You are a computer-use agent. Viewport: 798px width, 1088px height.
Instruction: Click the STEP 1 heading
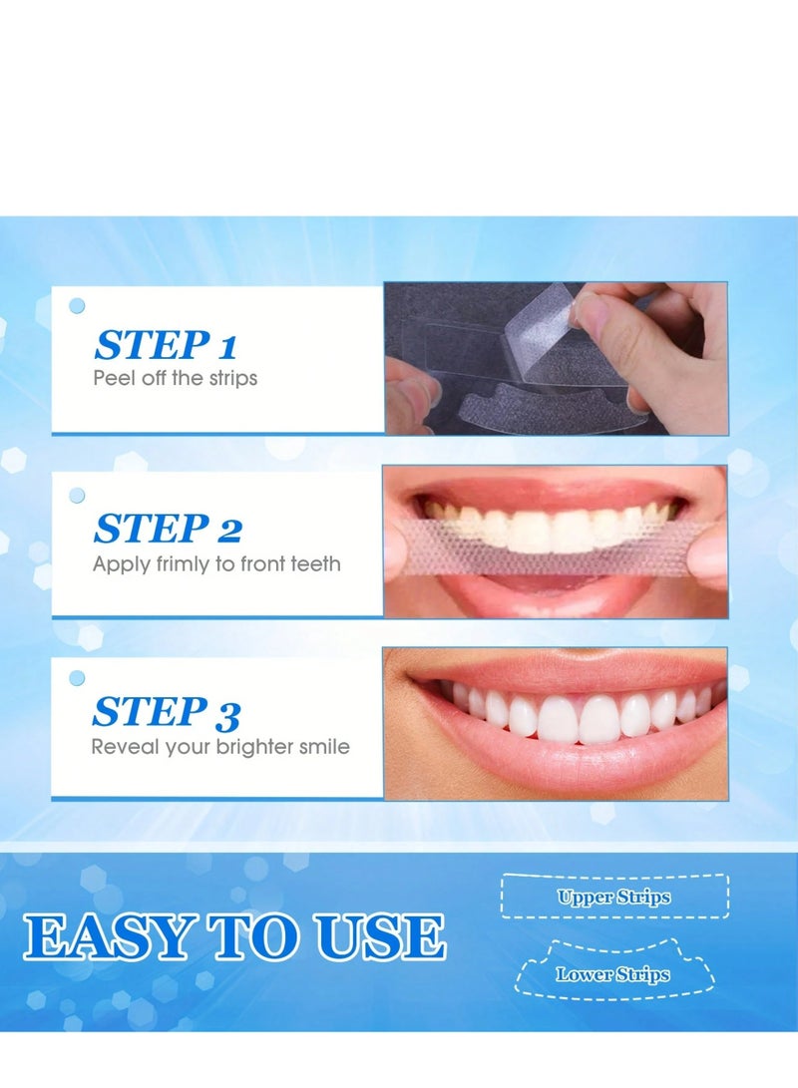click(x=166, y=345)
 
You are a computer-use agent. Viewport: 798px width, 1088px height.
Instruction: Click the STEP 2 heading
click(x=168, y=529)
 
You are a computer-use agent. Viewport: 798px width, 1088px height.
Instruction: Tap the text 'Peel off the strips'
click(x=175, y=379)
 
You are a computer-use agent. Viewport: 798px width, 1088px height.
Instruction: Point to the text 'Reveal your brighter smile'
click(x=220, y=747)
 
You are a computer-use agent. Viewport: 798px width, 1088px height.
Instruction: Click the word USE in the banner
click(x=385, y=938)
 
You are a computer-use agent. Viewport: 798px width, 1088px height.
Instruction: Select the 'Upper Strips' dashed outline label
click(x=613, y=897)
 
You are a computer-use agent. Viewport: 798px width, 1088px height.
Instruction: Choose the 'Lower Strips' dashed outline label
click(x=612, y=974)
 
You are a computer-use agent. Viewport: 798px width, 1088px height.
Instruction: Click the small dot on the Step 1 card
click(x=77, y=306)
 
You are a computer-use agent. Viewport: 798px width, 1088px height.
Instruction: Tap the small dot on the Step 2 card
click(x=77, y=495)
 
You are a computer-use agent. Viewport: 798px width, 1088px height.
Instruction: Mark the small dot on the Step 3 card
click(x=77, y=678)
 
